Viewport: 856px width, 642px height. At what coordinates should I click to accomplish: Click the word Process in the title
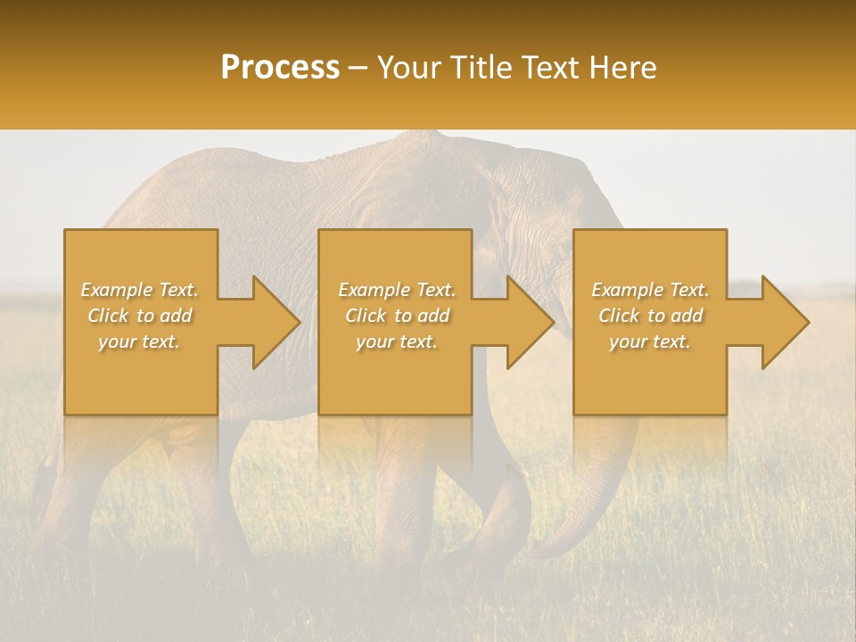tap(280, 68)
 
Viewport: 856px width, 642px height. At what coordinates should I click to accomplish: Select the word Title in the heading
tap(485, 68)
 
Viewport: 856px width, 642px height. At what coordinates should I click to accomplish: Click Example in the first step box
tap(117, 290)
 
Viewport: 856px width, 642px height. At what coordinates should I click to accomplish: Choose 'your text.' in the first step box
tap(139, 342)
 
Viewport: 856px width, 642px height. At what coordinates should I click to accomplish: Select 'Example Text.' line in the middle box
tap(397, 290)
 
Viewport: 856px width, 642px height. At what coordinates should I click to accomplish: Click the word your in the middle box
tap(374, 342)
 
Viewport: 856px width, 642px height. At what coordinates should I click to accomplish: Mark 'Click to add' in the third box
tap(650, 316)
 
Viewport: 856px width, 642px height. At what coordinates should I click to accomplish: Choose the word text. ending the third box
tap(671, 342)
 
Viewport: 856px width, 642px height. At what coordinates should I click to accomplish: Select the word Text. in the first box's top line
tap(177, 290)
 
